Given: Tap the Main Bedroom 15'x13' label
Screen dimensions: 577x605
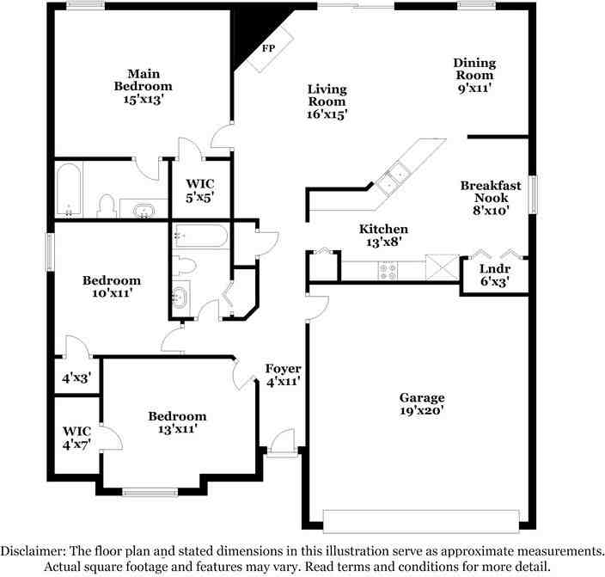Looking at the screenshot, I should (x=144, y=86).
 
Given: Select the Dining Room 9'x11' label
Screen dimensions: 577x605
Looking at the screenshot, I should (x=474, y=75).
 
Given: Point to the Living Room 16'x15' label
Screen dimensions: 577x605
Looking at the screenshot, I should (x=327, y=101).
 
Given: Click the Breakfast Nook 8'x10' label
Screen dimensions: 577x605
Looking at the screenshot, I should (x=491, y=197).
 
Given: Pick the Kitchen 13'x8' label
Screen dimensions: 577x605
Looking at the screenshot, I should (x=382, y=236).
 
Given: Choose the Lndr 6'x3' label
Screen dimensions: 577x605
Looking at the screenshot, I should (x=494, y=275).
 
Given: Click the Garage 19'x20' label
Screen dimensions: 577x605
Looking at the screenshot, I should (x=421, y=403).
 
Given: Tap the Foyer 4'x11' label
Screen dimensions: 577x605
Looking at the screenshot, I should (x=282, y=375).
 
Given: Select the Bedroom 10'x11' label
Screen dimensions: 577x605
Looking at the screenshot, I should (x=111, y=286).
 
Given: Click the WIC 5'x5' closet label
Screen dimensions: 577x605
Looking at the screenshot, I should (x=200, y=190).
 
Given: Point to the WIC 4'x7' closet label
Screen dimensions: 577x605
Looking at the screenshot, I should (x=76, y=437).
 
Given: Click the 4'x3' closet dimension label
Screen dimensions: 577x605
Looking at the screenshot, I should (x=76, y=377).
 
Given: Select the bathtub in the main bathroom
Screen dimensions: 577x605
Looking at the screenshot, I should (x=70, y=189).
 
